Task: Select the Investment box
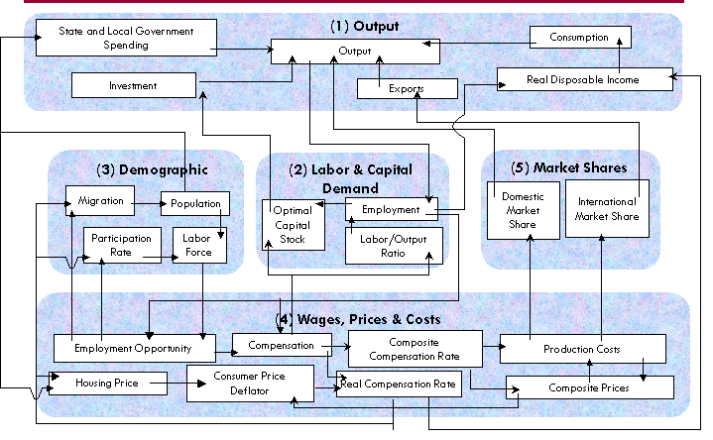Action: click(134, 86)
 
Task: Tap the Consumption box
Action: click(579, 38)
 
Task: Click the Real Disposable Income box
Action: click(582, 79)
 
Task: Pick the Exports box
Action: click(407, 88)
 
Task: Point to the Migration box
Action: click(99, 201)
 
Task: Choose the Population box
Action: click(195, 203)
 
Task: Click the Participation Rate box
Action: click(122, 245)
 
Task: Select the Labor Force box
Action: click(199, 245)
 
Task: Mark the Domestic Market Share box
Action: click(523, 209)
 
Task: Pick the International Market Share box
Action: click(607, 209)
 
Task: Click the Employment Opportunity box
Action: click(134, 348)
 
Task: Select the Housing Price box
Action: click(106, 383)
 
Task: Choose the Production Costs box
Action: click(582, 349)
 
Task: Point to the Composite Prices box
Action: click(589, 386)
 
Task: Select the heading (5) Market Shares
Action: click(568, 167)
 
